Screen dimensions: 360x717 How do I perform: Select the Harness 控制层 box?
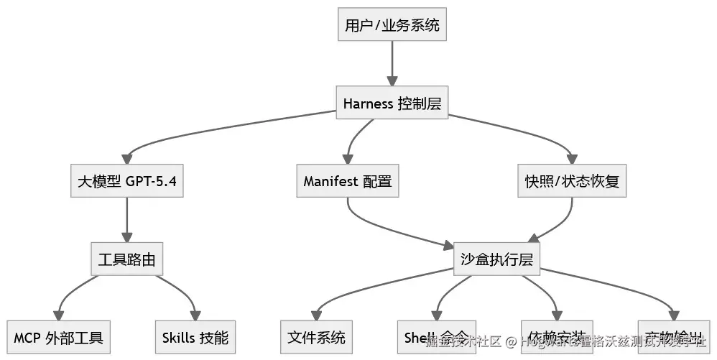pos(392,103)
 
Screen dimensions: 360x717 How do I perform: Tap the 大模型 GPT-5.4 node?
pos(127,181)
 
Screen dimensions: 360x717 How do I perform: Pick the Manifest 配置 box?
pos(348,181)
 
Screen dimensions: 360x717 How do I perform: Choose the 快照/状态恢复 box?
pos(573,181)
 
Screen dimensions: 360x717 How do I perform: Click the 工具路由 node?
pos(127,259)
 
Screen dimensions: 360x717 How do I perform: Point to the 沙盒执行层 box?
pos(496,259)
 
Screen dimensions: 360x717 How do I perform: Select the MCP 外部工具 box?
pos(59,337)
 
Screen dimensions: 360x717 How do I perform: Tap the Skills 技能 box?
pos(195,337)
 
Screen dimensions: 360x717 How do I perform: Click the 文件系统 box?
pos(316,337)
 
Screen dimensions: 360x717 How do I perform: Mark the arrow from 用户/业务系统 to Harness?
pos(392,65)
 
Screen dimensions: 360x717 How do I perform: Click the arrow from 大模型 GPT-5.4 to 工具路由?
pos(127,220)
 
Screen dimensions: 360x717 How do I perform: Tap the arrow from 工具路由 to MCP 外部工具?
pos(72,287)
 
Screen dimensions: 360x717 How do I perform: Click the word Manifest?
pos(330,181)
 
